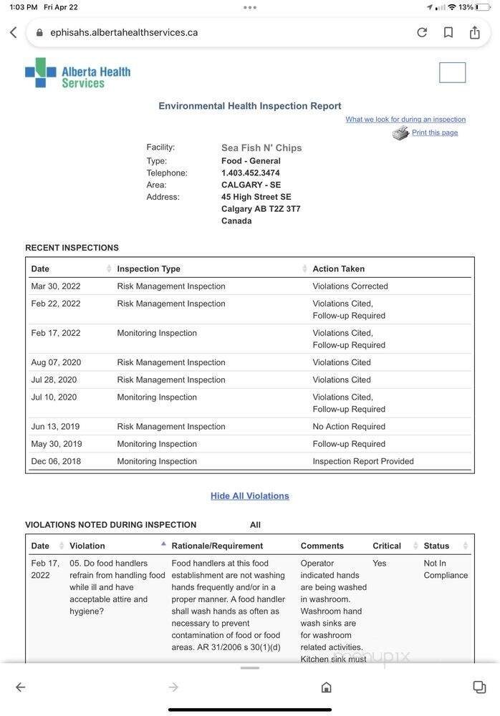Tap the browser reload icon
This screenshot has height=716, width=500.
point(422,32)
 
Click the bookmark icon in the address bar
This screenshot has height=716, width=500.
point(448,32)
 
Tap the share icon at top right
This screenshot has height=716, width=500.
point(474,32)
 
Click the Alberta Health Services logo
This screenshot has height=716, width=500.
point(78,73)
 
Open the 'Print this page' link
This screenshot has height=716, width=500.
point(434,132)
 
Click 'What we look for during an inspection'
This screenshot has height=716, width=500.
point(405,120)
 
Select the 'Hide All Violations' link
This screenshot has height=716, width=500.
point(249,495)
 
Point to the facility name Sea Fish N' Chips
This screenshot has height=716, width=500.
point(261,147)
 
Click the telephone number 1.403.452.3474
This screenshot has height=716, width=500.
point(251,173)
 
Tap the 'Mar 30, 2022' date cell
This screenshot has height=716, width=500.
point(56,286)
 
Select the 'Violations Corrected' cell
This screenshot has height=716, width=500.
point(350,286)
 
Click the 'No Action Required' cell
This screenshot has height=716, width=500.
point(349,427)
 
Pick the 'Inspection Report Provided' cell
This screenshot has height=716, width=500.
point(363,461)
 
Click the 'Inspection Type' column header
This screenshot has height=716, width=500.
point(149,268)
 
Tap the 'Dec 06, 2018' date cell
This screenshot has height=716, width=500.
point(56,461)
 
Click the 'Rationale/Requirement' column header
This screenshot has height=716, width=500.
point(217,546)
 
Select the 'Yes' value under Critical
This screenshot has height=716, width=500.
point(380,563)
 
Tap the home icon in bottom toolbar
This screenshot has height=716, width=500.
point(326,687)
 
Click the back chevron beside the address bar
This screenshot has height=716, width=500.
point(14,33)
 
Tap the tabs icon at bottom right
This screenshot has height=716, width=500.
point(479,687)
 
